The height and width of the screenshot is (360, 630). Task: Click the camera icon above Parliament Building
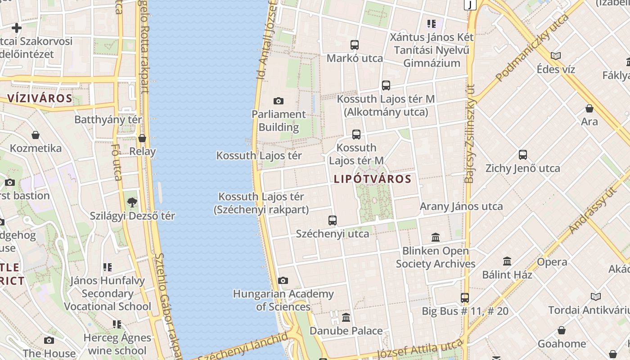pyautogui.click(x=279, y=101)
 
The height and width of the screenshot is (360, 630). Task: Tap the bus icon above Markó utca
pyautogui.click(x=355, y=45)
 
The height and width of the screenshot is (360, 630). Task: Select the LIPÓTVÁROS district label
pyautogui.click(x=373, y=179)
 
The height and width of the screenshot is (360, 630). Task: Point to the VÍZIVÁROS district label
pyautogui.click(x=40, y=98)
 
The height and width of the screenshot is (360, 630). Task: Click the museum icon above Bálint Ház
pyautogui.click(x=507, y=261)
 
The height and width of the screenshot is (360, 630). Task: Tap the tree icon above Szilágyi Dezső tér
pyautogui.click(x=132, y=202)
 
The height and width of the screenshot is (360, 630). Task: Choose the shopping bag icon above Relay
pyautogui.click(x=142, y=138)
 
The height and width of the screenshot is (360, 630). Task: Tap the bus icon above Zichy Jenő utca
pyautogui.click(x=523, y=155)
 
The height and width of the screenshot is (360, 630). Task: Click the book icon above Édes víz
pyautogui.click(x=556, y=56)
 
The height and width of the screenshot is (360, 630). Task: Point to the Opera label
pyautogui.click(x=552, y=262)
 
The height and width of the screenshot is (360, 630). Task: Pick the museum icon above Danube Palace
pyautogui.click(x=346, y=318)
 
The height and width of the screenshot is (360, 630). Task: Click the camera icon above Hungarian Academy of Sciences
pyautogui.click(x=283, y=281)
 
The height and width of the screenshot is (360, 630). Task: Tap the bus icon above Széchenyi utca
pyautogui.click(x=333, y=220)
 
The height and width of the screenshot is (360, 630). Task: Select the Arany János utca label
pyautogui.click(x=461, y=207)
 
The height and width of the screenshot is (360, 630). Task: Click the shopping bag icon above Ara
pyautogui.click(x=589, y=108)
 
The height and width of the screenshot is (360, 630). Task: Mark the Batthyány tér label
pyautogui.click(x=108, y=120)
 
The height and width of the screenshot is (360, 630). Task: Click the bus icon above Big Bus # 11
pyautogui.click(x=465, y=298)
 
